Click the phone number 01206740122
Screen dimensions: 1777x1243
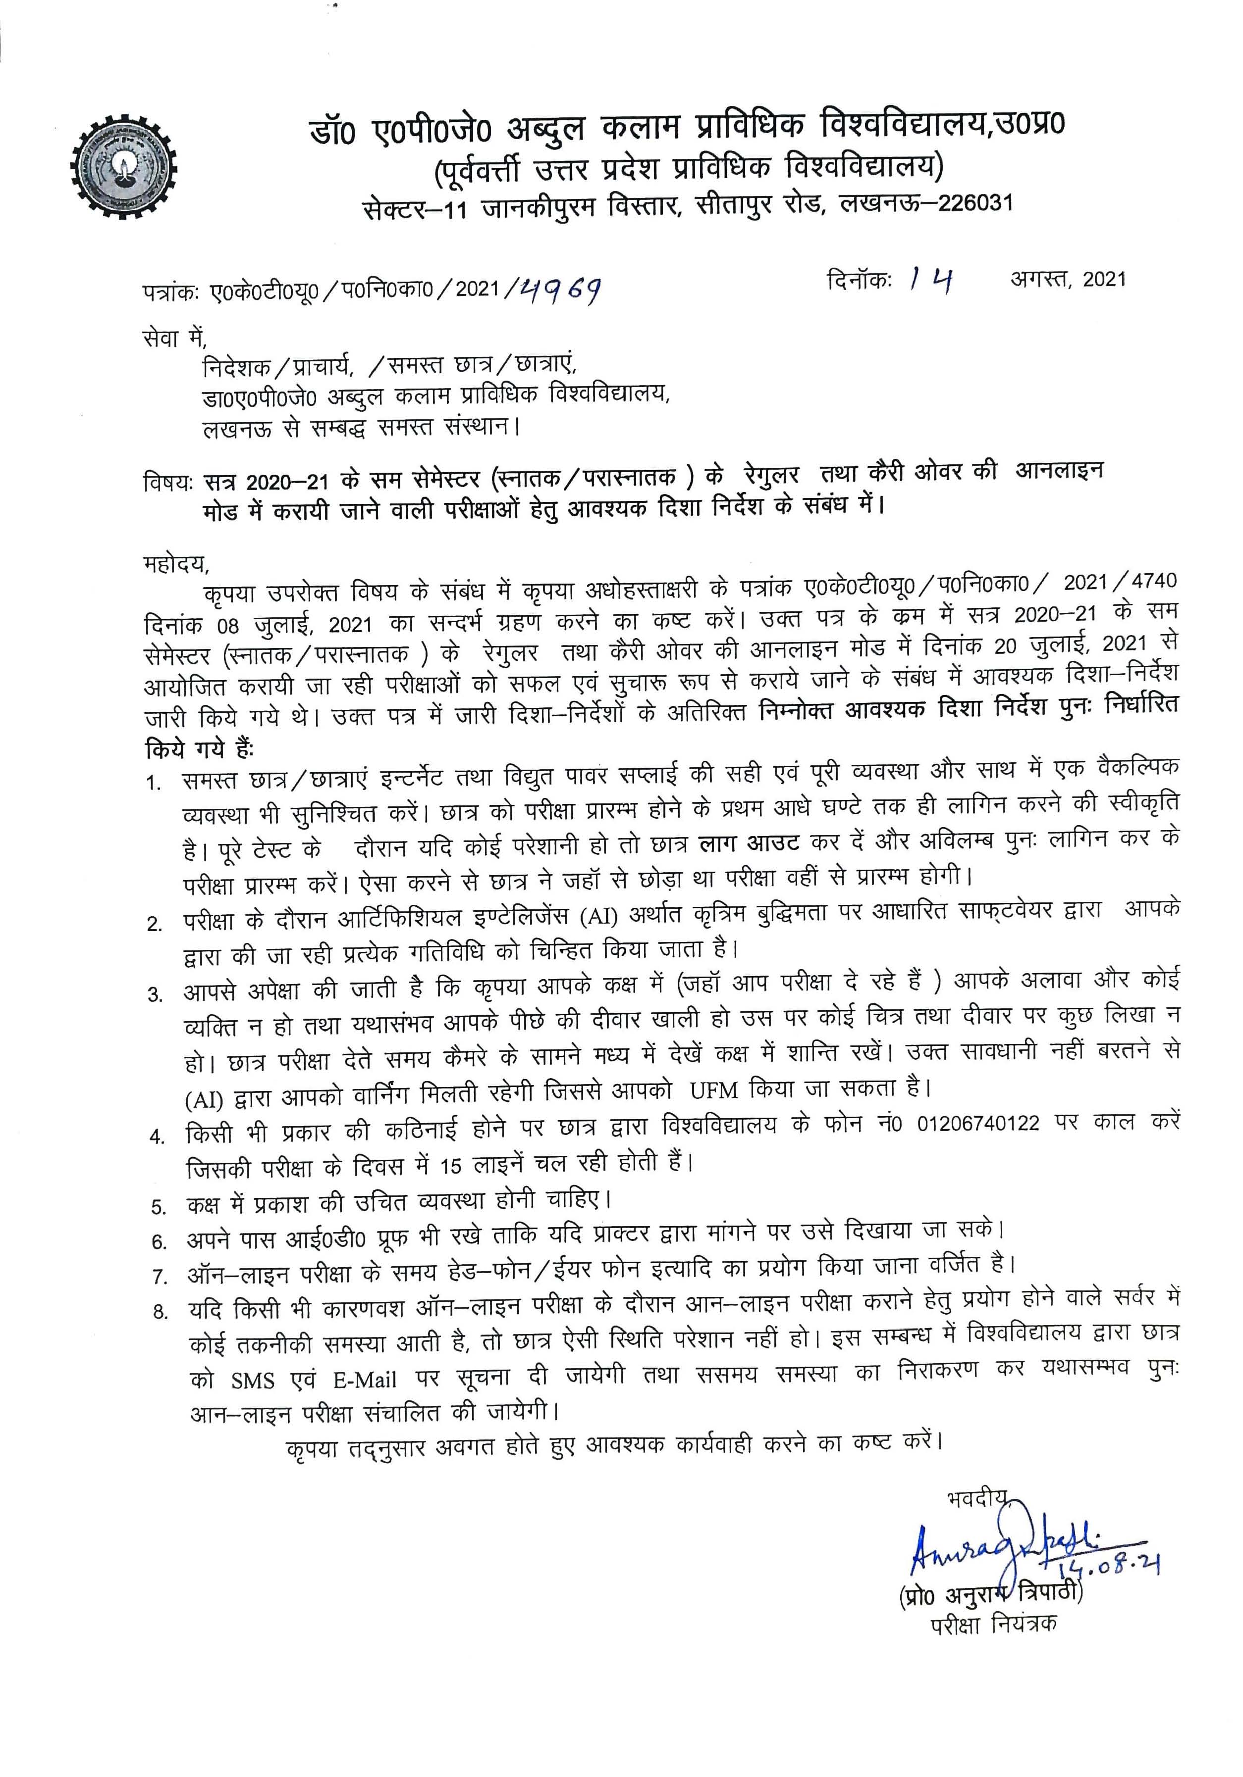pyautogui.click(x=978, y=1123)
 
